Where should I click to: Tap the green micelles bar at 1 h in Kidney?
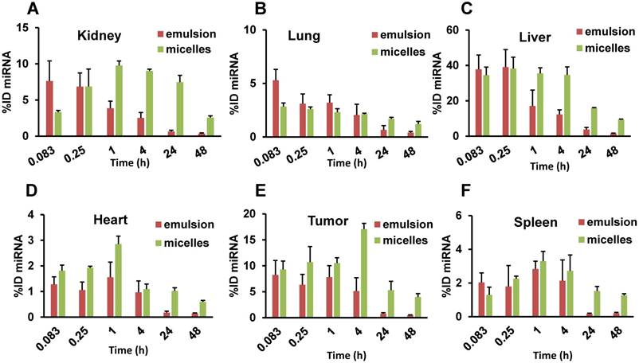120,100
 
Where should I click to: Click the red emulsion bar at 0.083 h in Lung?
276,107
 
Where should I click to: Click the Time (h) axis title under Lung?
335,162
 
